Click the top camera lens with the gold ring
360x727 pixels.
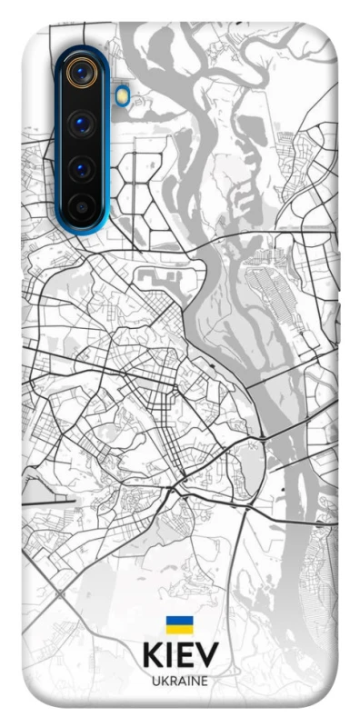[x=82, y=74]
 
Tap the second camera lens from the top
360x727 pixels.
[x=82, y=122]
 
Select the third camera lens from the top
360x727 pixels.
[x=82, y=168]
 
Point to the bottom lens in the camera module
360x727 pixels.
[x=82, y=208]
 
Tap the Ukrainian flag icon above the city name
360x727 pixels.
[x=179, y=624]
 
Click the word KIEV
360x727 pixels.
[x=180, y=655]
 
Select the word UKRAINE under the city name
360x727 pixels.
[x=180, y=681]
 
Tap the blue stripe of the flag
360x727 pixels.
[x=179, y=621]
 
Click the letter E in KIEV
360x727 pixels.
[x=185, y=655]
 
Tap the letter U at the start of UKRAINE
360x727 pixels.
[x=155, y=681]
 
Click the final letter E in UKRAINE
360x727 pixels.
[x=205, y=681]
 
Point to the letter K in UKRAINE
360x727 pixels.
[x=164, y=681]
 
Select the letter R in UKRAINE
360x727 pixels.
[x=172, y=681]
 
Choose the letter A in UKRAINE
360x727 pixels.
[x=181, y=681]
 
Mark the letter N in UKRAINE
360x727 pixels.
[x=195, y=681]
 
